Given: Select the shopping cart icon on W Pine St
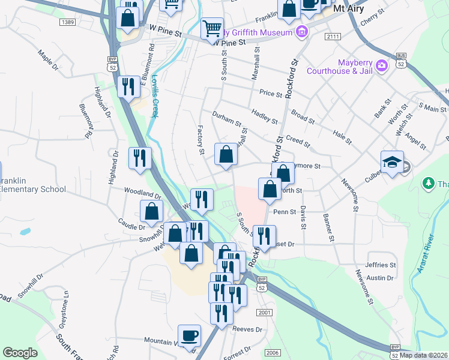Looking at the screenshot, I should pyautogui.click(x=211, y=28).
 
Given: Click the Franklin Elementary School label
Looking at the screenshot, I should pyautogui.click(x=32, y=185).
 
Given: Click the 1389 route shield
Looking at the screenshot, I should pyautogui.click(x=67, y=22).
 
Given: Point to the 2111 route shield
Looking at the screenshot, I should pyautogui.click(x=333, y=37).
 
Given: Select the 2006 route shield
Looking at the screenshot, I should pyautogui.click(x=272, y=352).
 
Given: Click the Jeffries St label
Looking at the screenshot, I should pyautogui.click(x=381, y=265).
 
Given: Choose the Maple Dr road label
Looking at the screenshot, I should pyautogui.click(x=48, y=62).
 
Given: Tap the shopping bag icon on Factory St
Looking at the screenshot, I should pyautogui.click(x=226, y=155).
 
